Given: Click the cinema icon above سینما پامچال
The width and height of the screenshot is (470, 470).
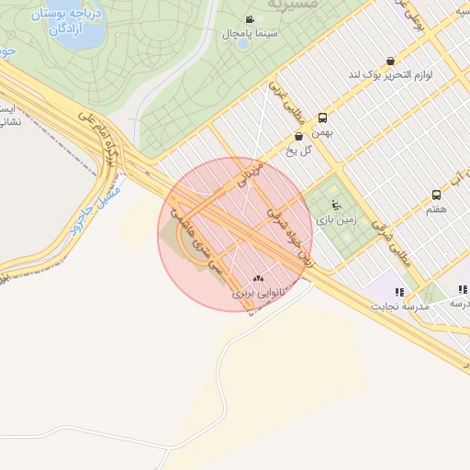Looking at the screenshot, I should point(250,20).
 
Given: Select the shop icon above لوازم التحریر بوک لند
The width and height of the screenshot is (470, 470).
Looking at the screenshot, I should point(392,61).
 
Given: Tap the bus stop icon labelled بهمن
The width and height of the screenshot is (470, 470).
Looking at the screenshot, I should point(322,118).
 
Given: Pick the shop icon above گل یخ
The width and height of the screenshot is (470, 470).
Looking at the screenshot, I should point(299,137).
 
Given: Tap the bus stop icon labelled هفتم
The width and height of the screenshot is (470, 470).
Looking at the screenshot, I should point(436,195).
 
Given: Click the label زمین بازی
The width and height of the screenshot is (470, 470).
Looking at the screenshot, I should point(334,219).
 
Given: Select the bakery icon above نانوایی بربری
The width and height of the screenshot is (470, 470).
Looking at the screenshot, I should point(258,279).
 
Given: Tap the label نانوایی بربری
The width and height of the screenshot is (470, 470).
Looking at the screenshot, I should point(254,293).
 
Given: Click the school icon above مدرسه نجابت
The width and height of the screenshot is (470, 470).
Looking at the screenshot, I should point(398,292).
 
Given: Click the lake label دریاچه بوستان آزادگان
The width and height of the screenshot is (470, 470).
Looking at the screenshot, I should point(62,23).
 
